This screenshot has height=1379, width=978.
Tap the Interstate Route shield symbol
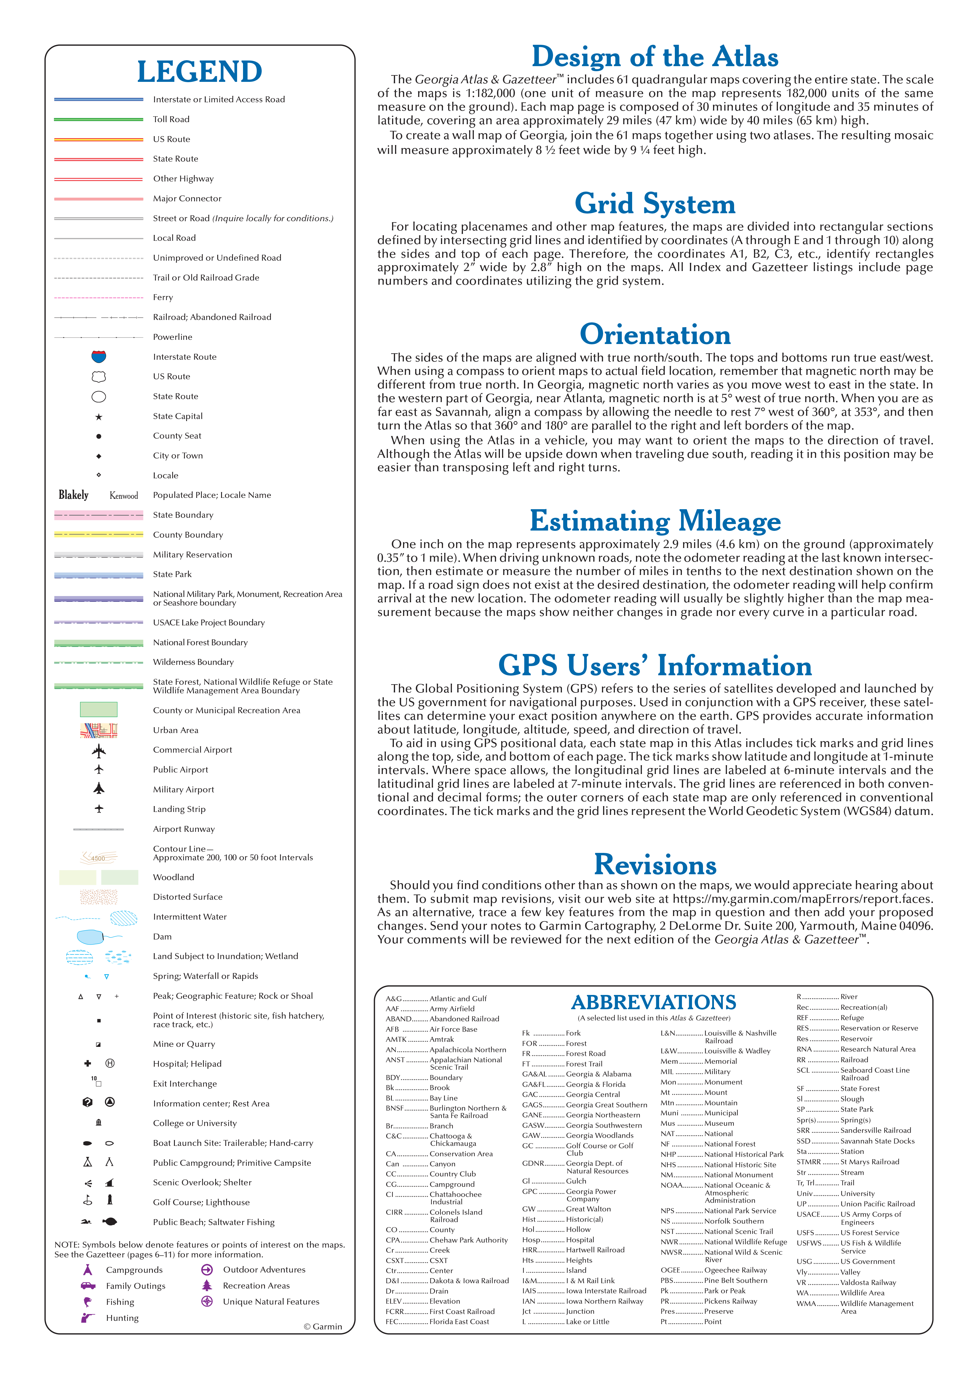(99, 357)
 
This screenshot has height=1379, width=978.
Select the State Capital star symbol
(99, 416)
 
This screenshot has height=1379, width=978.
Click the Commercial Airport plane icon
(99, 751)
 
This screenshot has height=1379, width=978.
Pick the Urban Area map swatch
(99, 730)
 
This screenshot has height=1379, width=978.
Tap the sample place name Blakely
(73, 495)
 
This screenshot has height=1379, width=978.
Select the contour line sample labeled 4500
(99, 857)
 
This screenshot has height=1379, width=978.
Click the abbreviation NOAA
(672, 1185)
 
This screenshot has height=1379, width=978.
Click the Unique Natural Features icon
(207, 1301)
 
